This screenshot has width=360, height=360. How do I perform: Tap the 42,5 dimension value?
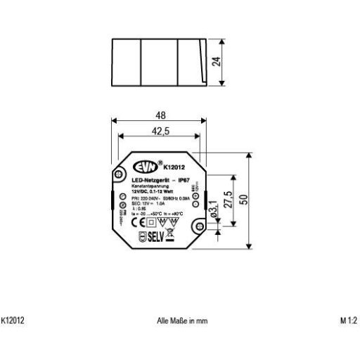(161, 130)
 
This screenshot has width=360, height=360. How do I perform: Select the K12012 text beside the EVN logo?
(174, 167)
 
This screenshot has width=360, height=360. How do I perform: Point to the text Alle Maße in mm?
(182, 320)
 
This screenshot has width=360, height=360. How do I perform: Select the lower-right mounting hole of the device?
(199, 228)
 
